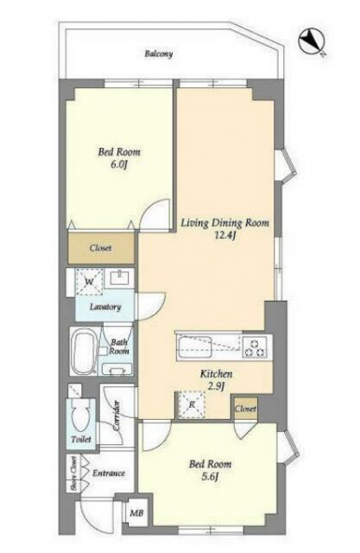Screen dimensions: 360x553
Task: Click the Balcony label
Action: [159, 54]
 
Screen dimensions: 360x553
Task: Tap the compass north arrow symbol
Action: [311, 42]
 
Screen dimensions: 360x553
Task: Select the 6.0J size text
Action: [119, 164]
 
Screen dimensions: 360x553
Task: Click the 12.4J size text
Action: [224, 235]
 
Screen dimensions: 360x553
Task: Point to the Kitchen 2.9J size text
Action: [216, 386]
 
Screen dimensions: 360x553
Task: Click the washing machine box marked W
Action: [90, 282]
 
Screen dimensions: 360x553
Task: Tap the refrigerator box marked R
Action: [192, 404]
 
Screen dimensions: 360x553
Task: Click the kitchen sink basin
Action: [195, 346]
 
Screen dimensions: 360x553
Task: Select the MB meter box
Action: [137, 512]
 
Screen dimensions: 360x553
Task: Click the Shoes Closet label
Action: [73, 474]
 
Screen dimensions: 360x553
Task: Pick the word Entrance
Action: [109, 473]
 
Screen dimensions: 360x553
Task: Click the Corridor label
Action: [117, 416]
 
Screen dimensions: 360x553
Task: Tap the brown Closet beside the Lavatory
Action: [101, 248]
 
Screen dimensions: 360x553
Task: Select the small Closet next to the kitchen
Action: [246, 409]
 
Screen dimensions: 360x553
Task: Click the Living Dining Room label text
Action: [225, 223]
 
